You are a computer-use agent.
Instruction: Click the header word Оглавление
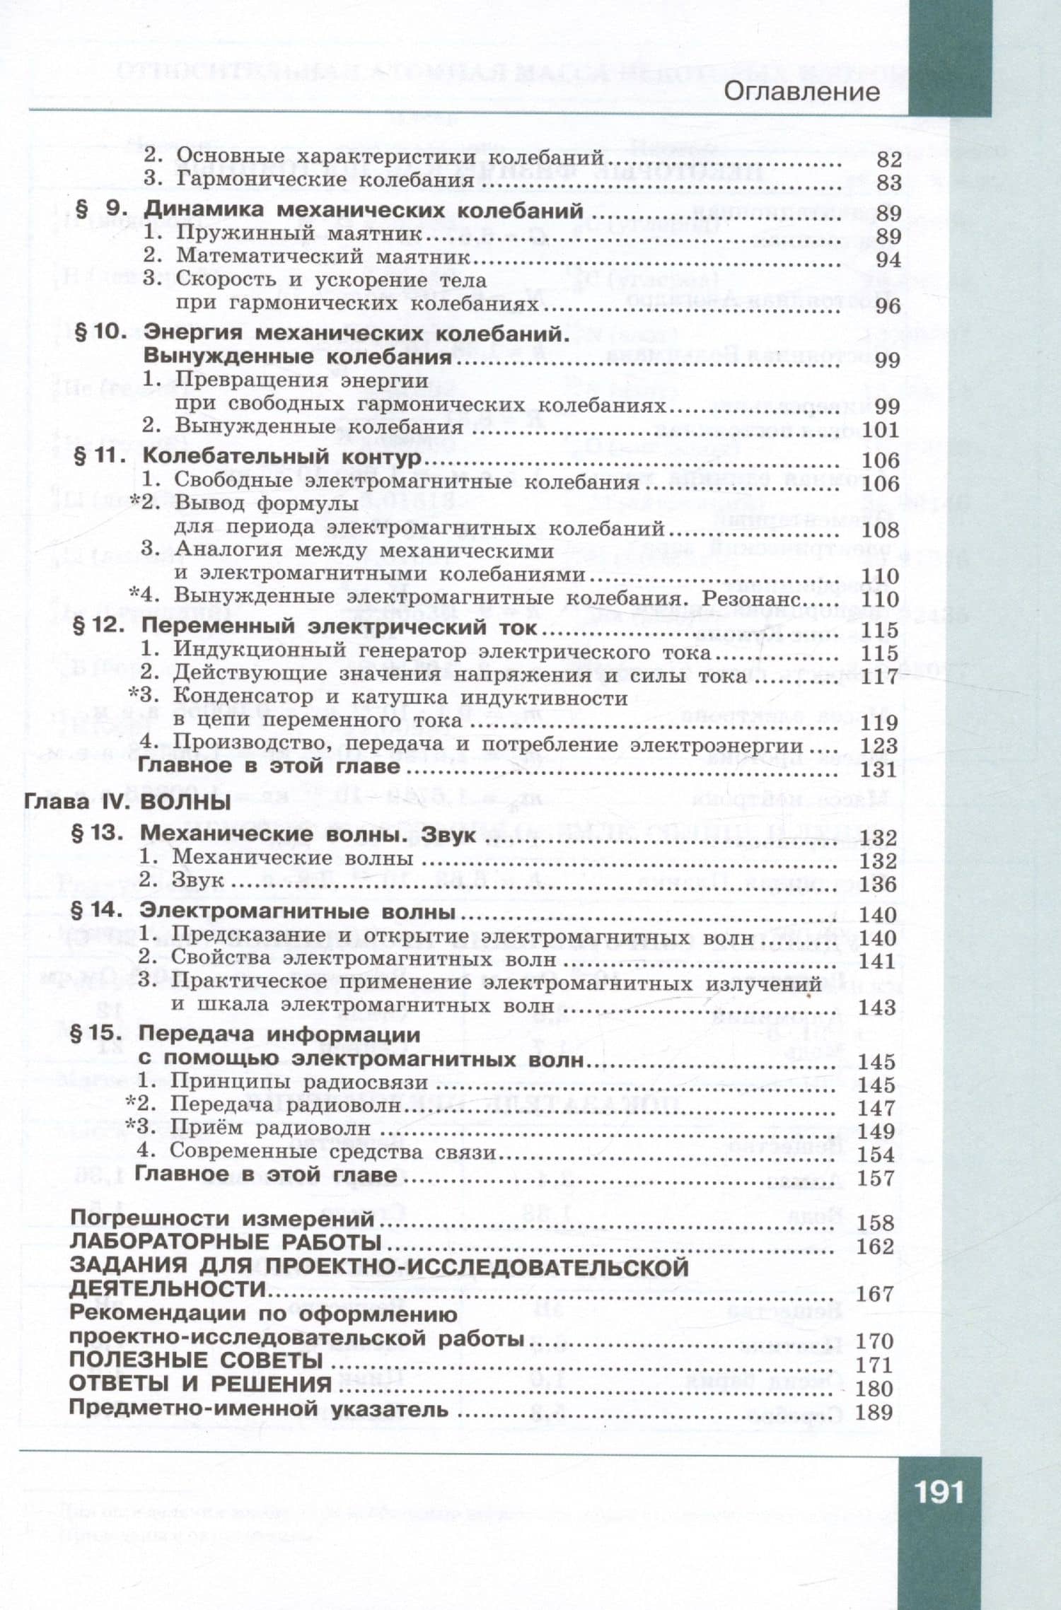click(802, 92)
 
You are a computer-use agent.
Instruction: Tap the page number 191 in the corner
click(939, 1492)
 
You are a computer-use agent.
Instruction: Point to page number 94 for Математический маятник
click(888, 259)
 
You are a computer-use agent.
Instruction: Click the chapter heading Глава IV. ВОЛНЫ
click(127, 802)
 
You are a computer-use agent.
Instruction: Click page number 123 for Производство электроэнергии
click(879, 745)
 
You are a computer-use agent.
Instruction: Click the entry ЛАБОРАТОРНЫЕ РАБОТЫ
click(226, 1241)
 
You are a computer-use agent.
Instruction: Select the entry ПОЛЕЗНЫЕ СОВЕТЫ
click(197, 1360)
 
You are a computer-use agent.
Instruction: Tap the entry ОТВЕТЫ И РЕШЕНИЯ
click(200, 1383)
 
